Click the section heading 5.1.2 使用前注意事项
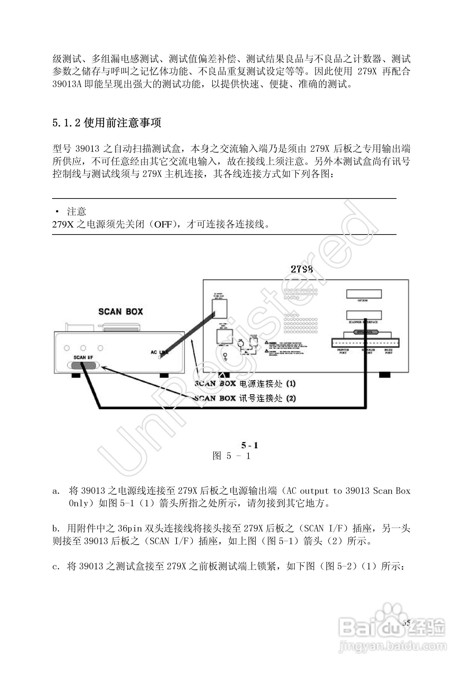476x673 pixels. (107, 123)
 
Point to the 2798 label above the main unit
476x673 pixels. (302, 269)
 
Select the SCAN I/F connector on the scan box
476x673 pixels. (83, 365)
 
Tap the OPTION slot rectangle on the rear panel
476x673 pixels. (364, 294)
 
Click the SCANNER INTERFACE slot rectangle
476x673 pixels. (364, 315)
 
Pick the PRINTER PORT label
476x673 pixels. (343, 351)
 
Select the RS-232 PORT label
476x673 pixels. (389, 351)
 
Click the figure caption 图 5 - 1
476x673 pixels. (231, 456)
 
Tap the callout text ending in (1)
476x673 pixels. (245, 384)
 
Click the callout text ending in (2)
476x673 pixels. (245, 398)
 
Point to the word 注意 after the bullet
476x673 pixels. (77, 211)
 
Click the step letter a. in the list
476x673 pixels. (56, 491)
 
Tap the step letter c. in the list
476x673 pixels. (56, 566)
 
